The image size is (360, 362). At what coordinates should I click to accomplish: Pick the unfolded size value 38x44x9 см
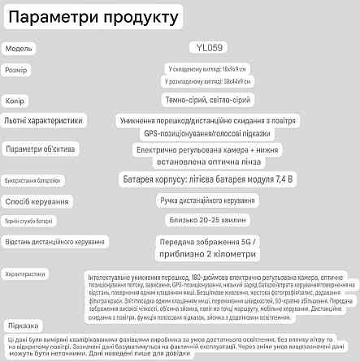209,82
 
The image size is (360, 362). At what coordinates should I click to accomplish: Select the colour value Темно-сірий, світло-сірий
209,100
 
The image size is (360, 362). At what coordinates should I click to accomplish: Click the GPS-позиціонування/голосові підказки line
209,132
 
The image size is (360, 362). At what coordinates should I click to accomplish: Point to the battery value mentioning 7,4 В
209,177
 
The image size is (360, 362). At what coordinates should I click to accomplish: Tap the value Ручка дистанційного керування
209,199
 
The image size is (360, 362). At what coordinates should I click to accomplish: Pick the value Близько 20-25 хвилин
209,219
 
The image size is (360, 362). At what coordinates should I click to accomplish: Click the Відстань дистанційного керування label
54,242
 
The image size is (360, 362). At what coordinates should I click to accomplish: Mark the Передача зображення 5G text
209,241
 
